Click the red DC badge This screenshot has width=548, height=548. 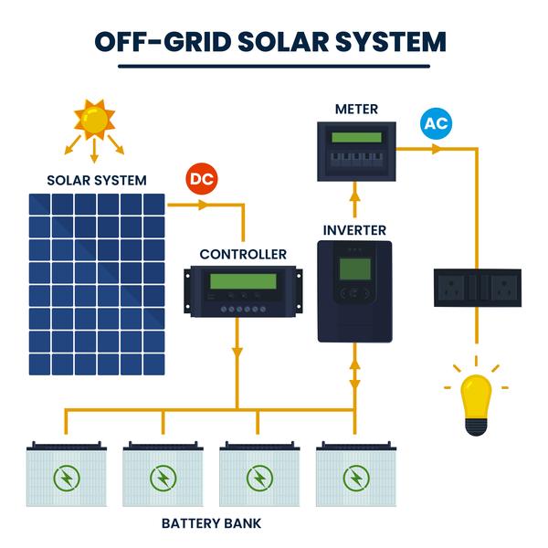[x=202, y=179]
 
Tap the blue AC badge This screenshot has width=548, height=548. [x=436, y=123]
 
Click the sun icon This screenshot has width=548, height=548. [x=94, y=119]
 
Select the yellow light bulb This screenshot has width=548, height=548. [x=476, y=405]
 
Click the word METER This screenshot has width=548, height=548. [x=356, y=110]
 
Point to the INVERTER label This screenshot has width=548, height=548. [x=354, y=231]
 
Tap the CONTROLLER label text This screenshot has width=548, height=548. [x=243, y=255]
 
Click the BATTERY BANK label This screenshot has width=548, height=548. [x=212, y=523]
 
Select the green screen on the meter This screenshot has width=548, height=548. [x=356, y=137]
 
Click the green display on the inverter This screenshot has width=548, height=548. [x=355, y=269]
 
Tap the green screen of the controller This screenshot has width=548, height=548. [x=243, y=281]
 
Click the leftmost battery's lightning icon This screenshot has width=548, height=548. [x=67, y=478]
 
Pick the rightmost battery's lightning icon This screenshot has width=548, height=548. [x=356, y=478]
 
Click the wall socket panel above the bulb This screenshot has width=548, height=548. [x=478, y=288]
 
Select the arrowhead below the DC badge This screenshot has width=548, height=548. [x=204, y=205]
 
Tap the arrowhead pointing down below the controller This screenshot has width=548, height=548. [x=237, y=353]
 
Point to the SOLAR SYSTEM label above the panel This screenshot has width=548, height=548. [x=97, y=180]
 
